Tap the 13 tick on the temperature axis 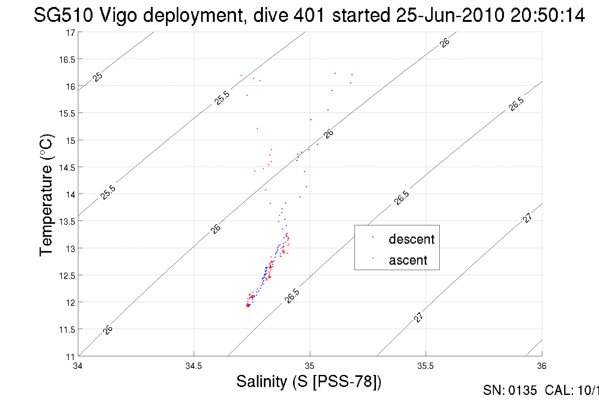point(70,248)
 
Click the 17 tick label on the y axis point(70,33)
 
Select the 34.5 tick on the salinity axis point(194,366)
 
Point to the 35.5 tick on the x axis point(425,366)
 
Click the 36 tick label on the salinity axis point(542,366)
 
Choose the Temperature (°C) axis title point(46,195)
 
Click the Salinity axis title point(309,381)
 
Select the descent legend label point(411,239)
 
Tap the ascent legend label point(408,260)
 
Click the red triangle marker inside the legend point(373,258)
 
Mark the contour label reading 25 point(98,77)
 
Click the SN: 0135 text point(510,390)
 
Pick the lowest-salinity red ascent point point(241,75)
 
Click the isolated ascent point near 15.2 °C point(257,128)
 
